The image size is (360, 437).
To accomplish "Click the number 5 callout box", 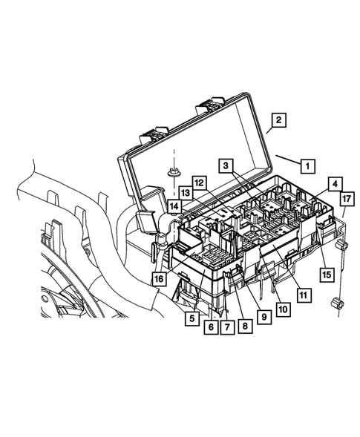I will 192,319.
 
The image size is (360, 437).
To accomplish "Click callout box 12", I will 198,183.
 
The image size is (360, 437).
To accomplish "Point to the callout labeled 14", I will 173,206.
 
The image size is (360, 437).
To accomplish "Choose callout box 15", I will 325,273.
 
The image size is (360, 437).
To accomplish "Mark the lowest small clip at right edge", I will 338,303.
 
